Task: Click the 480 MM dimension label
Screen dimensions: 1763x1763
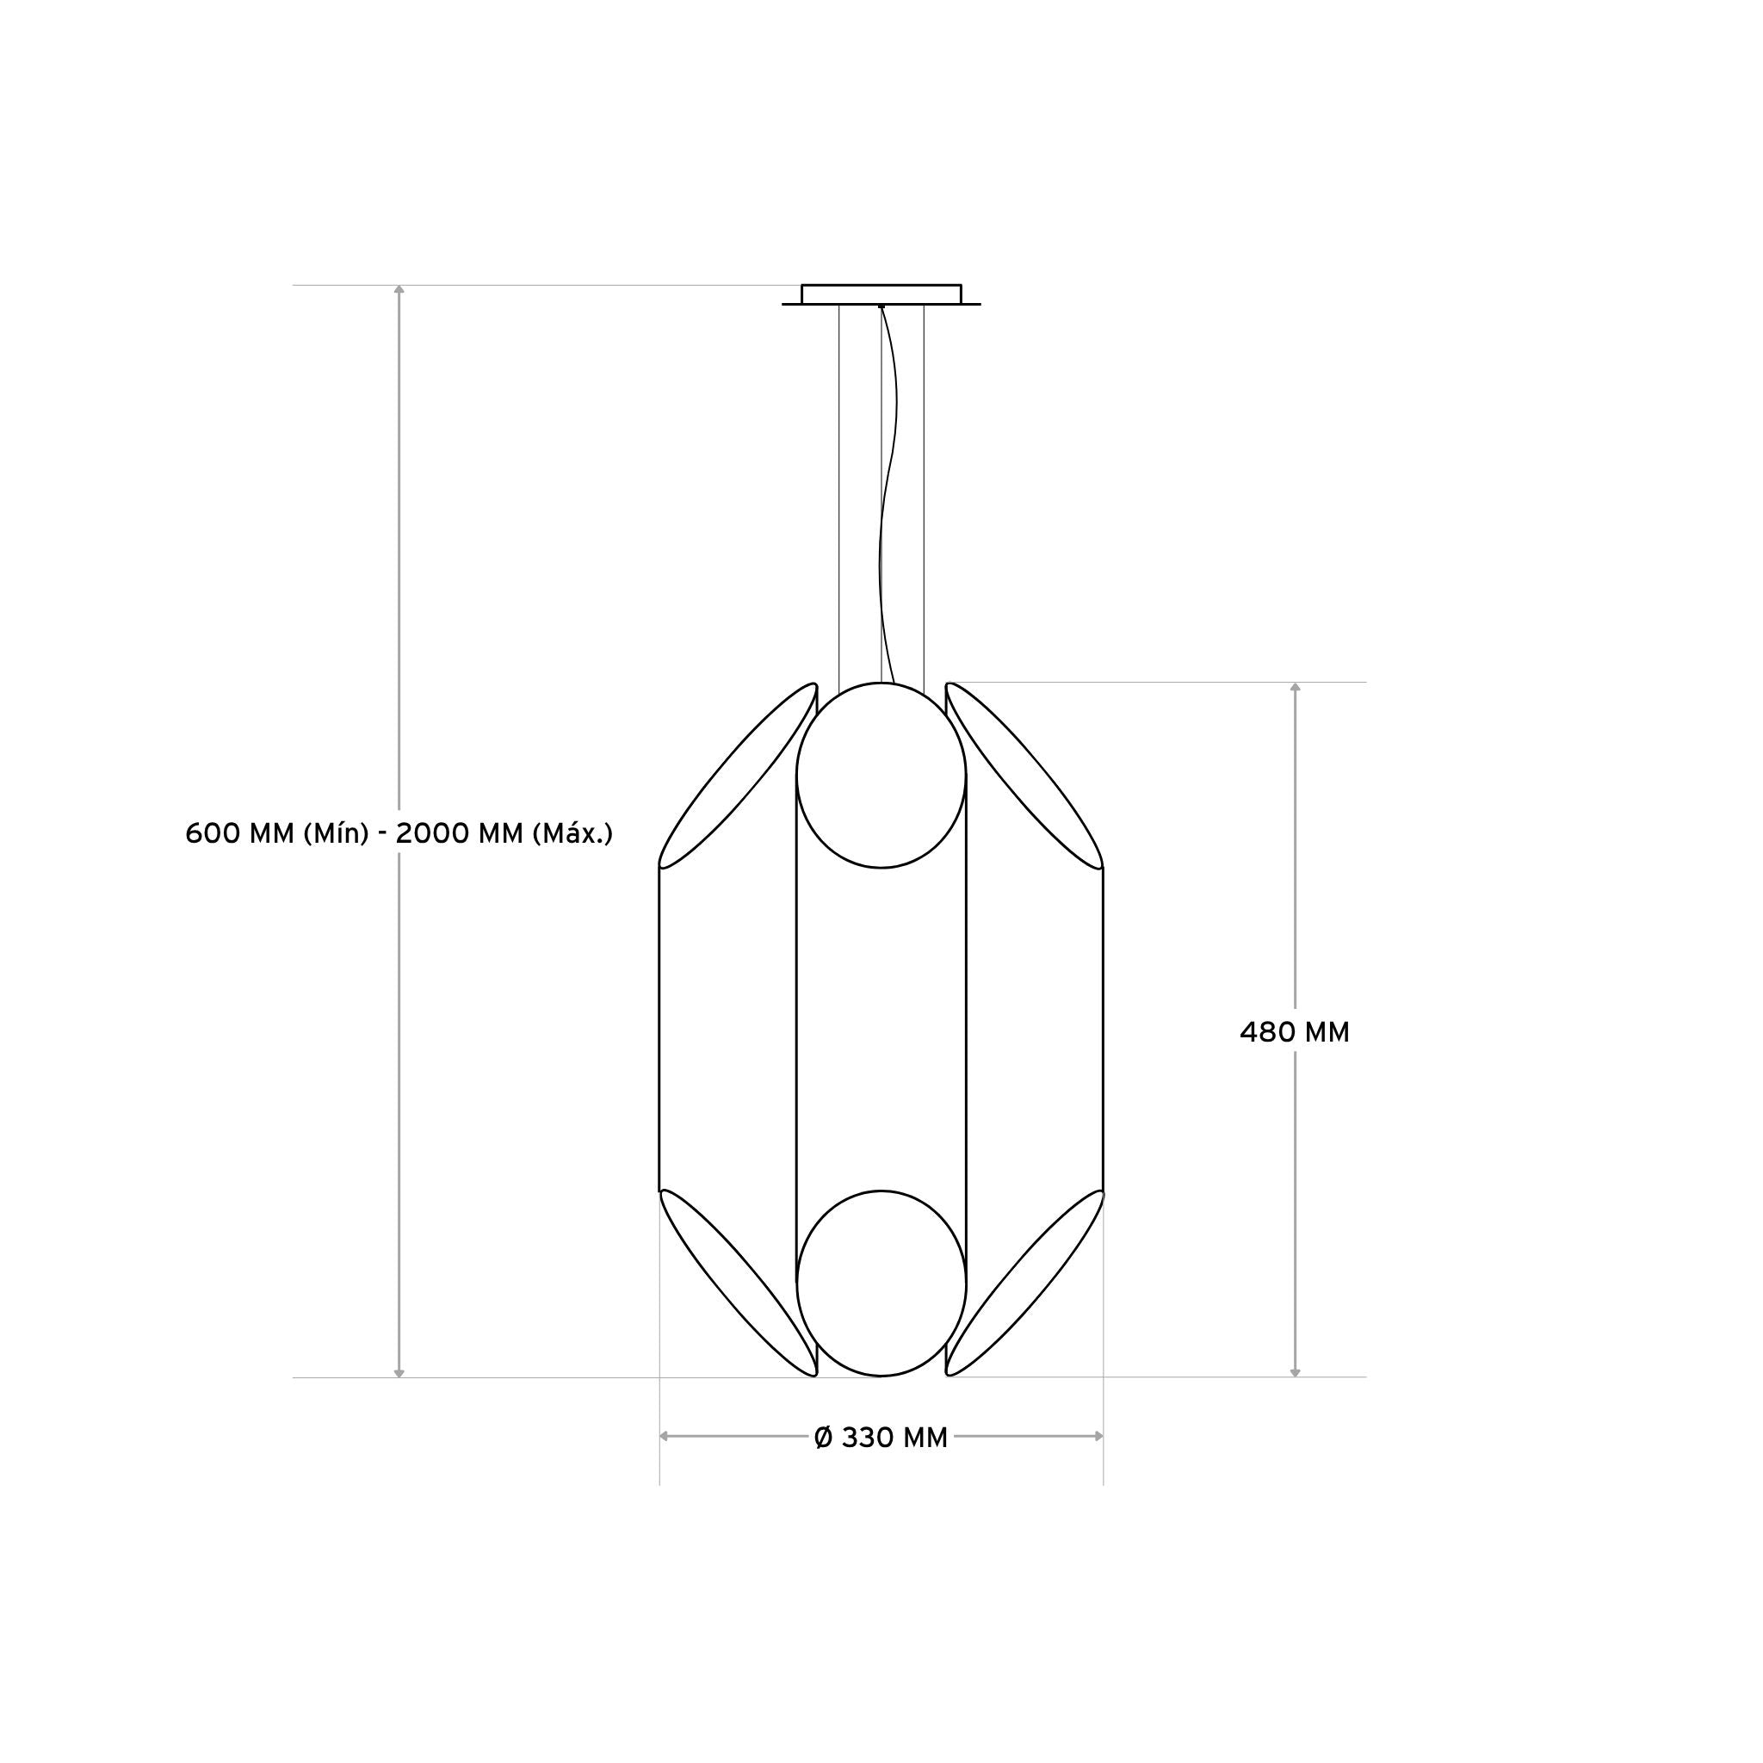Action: pyautogui.click(x=1294, y=1032)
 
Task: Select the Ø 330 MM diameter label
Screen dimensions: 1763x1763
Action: pyautogui.click(x=881, y=1438)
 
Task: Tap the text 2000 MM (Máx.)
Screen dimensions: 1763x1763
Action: pyautogui.click(x=504, y=833)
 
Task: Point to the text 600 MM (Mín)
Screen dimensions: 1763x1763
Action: pyautogui.click(x=276, y=833)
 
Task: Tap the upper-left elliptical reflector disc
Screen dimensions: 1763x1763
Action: pyautogui.click(x=739, y=776)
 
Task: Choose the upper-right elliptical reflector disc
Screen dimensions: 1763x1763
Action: pyautogui.click(x=1024, y=776)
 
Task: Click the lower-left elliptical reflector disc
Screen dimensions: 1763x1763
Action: pyautogui.click(x=739, y=1283)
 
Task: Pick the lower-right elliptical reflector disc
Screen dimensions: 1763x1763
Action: pyautogui.click(x=1024, y=1283)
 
